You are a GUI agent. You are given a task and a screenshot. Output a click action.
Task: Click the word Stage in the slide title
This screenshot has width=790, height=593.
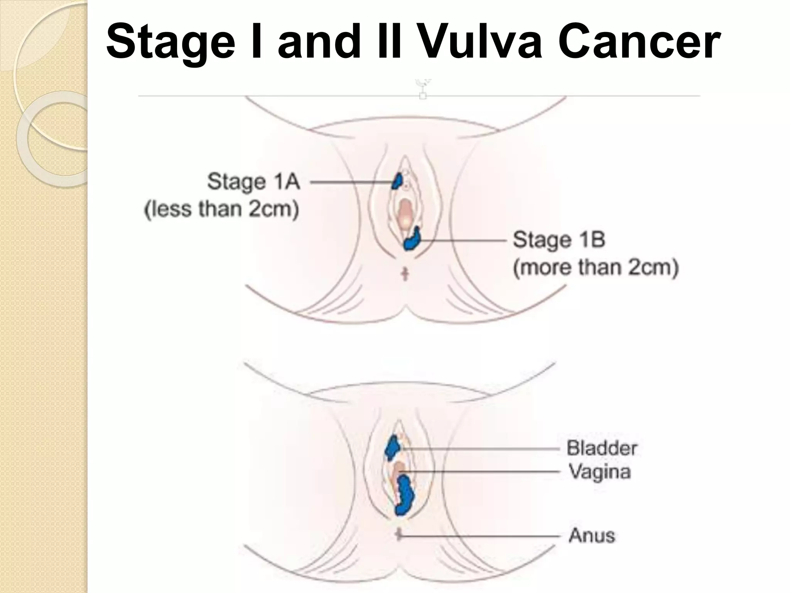pyautogui.click(x=170, y=42)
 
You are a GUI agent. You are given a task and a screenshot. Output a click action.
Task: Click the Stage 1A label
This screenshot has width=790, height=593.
pyautogui.click(x=253, y=181)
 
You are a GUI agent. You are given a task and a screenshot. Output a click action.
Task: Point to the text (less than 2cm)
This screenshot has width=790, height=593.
pyautogui.click(x=221, y=210)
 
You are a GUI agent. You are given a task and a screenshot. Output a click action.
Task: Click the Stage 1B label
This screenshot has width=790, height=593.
pyautogui.click(x=559, y=240)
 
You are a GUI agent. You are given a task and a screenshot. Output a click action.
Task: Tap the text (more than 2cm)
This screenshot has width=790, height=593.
pyautogui.click(x=596, y=268)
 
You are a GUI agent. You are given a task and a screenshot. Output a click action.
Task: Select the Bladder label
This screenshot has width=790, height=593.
pyautogui.click(x=601, y=448)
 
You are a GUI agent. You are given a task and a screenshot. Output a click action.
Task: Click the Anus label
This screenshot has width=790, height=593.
pyautogui.click(x=592, y=535)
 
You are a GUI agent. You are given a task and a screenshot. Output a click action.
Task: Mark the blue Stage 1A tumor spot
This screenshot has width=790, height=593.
pyautogui.click(x=397, y=181)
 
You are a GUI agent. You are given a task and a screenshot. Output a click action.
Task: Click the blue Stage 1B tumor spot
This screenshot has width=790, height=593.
pyautogui.click(x=412, y=239)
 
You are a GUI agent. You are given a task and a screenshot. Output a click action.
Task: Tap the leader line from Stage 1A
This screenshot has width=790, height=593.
pyautogui.click(x=351, y=182)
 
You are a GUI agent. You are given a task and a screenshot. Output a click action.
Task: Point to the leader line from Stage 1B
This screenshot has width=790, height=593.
pyautogui.click(x=463, y=240)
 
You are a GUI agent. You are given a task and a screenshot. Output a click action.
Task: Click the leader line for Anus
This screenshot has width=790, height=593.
pyautogui.click(x=482, y=536)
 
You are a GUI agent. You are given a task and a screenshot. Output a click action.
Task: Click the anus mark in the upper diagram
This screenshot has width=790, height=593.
pyautogui.click(x=405, y=274)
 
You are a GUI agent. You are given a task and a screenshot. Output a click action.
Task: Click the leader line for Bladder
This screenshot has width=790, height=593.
pyautogui.click(x=482, y=449)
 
